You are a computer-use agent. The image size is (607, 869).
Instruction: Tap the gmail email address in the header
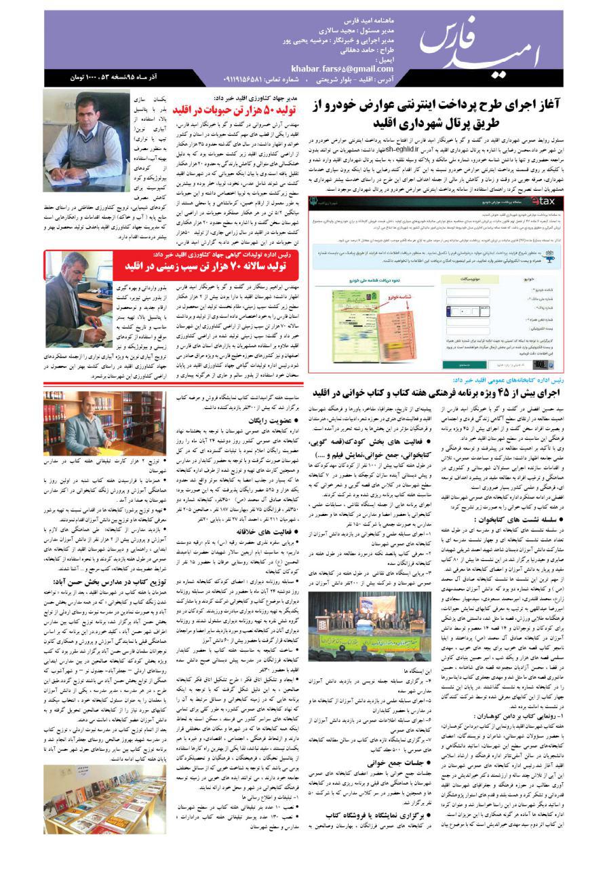(342, 69)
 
